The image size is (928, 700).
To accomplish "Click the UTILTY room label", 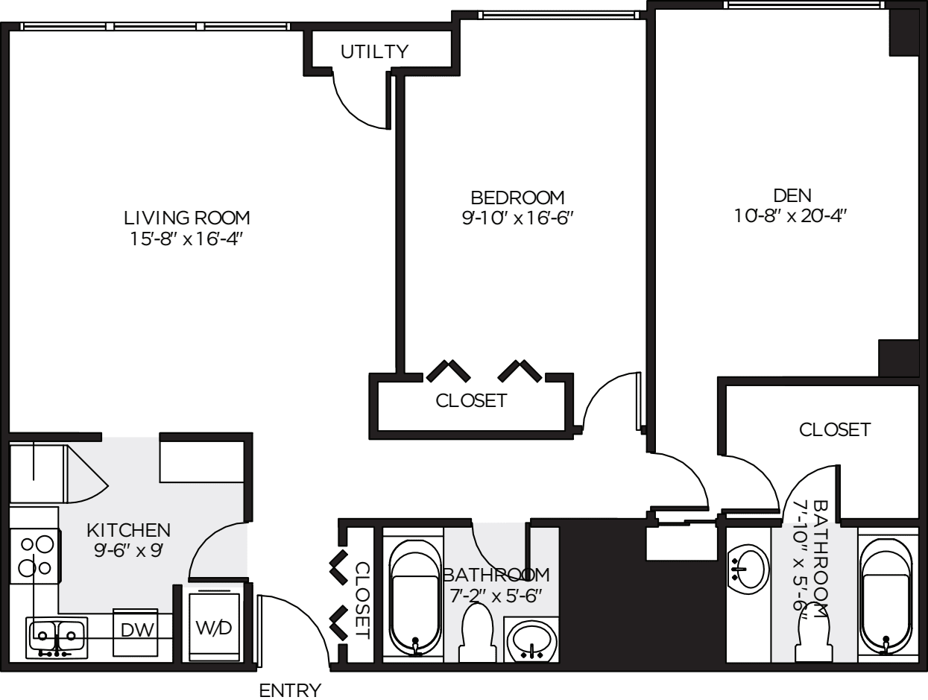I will coord(375,51).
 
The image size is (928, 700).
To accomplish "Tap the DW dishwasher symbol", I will coord(137,630).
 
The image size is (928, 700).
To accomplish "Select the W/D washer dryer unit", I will coord(213,627).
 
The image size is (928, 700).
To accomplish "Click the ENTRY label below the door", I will coord(290,690).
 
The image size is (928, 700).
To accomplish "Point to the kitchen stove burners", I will coord(35,556).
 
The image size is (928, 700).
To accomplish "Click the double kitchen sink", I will coord(57,637).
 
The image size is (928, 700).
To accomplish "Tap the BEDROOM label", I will coord(517,198).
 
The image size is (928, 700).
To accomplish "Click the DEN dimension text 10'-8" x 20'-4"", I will coord(792,216).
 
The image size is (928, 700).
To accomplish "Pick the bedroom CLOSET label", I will coord(471,400).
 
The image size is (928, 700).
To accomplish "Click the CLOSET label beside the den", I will coord(834,429).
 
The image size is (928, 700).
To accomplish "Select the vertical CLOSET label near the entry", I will coord(362,600).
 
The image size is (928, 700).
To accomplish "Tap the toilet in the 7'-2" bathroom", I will coord(477,634).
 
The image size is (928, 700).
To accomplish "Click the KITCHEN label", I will coord(129,530).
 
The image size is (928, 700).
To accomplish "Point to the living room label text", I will coord(186,218).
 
